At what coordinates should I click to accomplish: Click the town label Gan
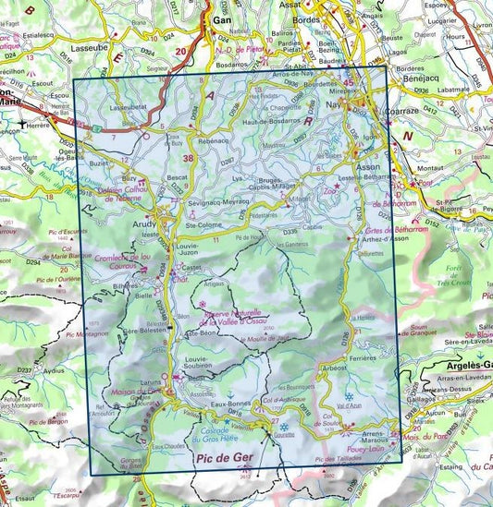(x=222, y=18)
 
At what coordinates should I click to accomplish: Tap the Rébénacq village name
(x=213, y=140)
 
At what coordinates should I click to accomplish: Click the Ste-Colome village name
(x=201, y=223)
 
